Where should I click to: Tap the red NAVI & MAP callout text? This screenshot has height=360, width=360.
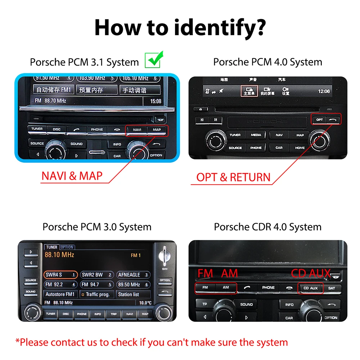[72, 176]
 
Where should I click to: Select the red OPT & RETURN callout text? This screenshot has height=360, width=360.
[233, 177]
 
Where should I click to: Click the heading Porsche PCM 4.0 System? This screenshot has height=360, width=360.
[267, 62]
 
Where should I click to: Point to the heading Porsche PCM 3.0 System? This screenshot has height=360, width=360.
[97, 227]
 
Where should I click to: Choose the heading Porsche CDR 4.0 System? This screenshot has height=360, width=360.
[267, 227]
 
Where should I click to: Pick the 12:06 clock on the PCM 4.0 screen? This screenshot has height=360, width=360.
[324, 91]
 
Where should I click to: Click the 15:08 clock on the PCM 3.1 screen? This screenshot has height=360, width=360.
[156, 102]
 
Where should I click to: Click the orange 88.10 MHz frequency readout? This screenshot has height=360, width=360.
[59, 255]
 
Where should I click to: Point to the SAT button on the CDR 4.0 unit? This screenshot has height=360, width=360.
[332, 288]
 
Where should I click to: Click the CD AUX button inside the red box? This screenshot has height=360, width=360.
[310, 288]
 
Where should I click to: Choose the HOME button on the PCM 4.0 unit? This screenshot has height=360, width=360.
[300, 148]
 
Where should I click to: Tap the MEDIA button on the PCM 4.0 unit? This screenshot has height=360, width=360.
[256, 135]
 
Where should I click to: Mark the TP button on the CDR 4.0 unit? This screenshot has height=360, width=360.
[205, 304]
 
